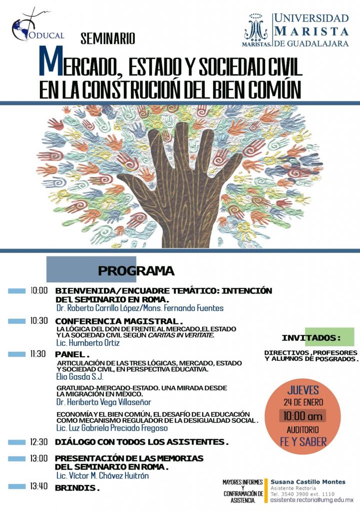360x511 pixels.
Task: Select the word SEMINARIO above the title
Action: pos(108,38)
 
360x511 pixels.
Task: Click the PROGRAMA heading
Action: pos(136,271)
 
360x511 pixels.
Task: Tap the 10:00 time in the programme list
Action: pos(38,290)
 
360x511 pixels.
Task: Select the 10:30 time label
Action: pos(38,321)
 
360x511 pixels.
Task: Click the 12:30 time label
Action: pos(38,442)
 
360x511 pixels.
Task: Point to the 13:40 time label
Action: pos(38,487)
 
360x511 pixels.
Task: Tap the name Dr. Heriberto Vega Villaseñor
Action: pos(103,402)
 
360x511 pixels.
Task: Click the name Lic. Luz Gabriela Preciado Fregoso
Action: pos(112,428)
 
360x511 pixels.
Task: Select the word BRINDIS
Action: pos(77,488)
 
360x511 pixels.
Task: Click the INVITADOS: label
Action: pos(311,338)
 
